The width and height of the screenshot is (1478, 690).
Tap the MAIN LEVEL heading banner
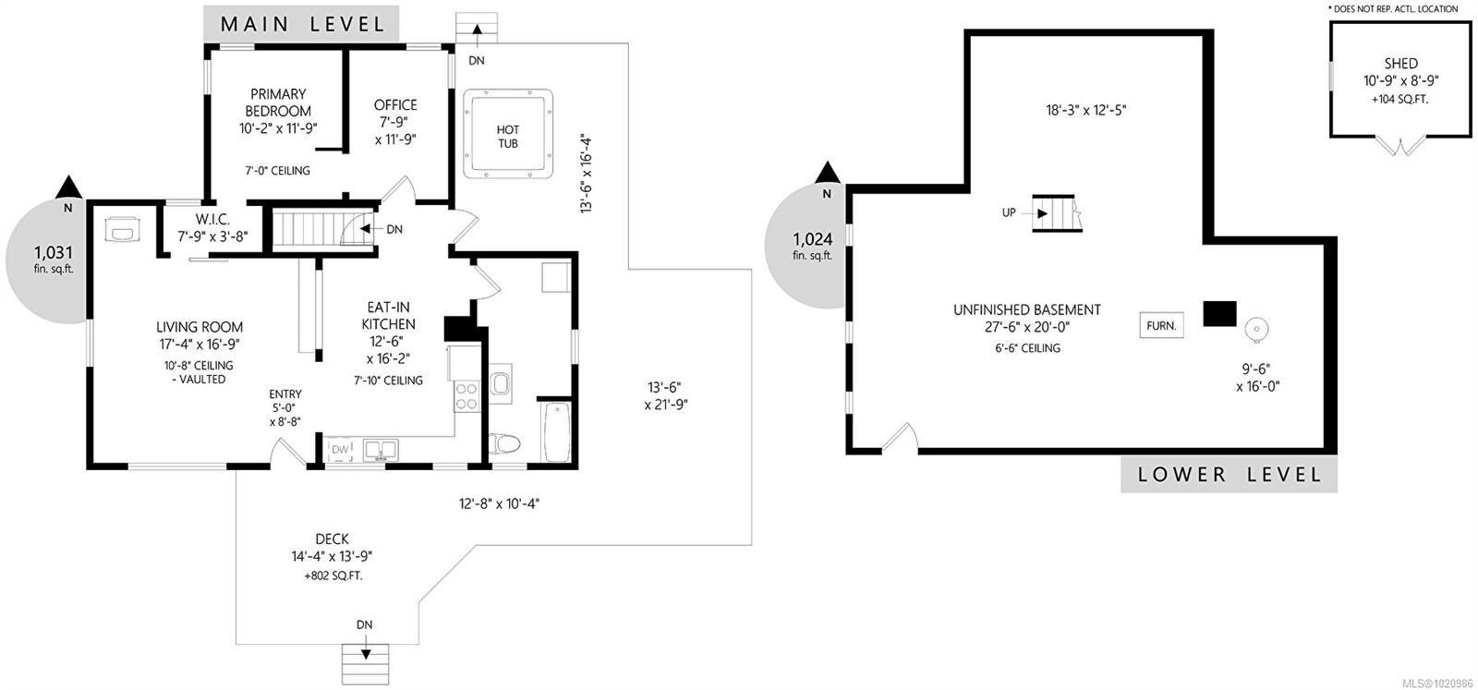303,23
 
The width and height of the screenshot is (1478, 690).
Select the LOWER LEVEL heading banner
1230,475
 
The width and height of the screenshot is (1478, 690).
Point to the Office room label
395,105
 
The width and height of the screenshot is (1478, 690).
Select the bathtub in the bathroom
557,430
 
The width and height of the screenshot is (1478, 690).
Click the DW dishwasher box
341,450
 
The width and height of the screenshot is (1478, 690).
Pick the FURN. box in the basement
1161,325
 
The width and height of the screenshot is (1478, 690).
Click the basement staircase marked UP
1055,213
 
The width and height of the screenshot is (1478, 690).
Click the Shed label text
1400,64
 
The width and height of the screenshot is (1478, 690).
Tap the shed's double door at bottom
1400,146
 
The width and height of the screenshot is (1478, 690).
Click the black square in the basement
1219,313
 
